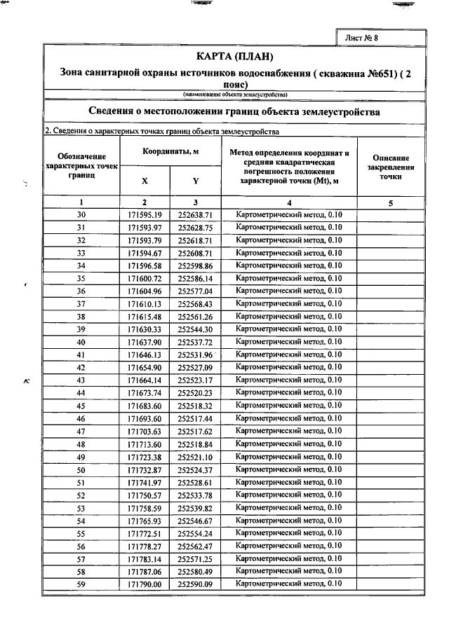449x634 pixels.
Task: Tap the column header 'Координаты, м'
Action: click(171, 151)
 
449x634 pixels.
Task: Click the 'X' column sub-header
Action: click(145, 181)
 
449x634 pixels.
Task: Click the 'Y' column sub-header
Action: click(195, 181)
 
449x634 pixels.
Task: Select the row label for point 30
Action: click(81, 214)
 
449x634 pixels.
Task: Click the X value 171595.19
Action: click(145, 214)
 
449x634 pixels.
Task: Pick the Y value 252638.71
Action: click(195, 214)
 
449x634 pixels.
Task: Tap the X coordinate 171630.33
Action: click(145, 329)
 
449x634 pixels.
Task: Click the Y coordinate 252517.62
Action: click(195, 432)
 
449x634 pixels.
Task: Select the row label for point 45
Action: click(81, 406)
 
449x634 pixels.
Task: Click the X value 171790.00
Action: click(145, 584)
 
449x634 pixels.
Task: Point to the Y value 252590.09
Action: click(195, 584)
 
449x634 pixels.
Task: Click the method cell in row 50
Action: click(288, 469)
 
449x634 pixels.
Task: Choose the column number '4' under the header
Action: click(288, 202)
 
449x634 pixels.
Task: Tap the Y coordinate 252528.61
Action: click(195, 483)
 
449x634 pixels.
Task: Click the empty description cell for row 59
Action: click(391, 584)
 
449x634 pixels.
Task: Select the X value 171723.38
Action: click(145, 457)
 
